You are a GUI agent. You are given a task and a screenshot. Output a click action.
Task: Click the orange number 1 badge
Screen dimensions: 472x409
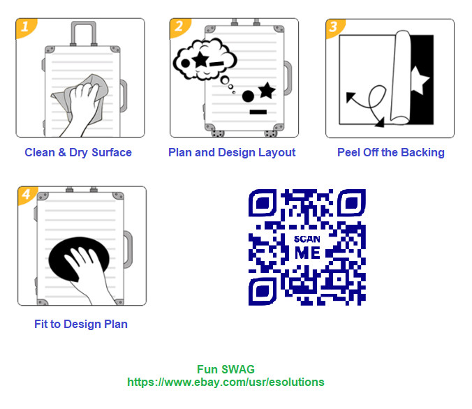25,27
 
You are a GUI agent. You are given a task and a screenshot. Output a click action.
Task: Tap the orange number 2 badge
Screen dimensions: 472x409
179,27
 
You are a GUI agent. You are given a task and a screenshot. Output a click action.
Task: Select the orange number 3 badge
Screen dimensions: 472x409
334,28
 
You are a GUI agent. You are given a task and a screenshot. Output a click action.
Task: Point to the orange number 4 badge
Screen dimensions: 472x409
27,195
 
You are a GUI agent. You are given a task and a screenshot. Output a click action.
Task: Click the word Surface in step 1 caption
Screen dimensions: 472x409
112,153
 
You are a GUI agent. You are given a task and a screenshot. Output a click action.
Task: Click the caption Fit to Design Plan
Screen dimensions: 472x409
81,324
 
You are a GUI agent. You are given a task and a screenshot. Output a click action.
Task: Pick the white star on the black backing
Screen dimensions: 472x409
419,80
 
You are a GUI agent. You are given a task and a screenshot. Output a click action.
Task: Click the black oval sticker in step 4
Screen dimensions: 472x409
78,259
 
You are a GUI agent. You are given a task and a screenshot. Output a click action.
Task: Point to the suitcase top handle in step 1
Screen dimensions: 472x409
83,33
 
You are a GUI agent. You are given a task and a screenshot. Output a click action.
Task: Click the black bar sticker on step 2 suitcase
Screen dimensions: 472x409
258,112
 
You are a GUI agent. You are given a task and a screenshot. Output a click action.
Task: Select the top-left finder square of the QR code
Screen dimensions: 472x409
263,202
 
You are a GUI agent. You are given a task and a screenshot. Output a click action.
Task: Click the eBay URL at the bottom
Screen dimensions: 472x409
226,382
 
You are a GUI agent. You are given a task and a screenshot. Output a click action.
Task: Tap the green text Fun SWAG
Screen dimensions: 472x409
226,369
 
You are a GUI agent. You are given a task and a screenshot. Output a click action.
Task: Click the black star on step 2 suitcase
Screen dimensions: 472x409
267,90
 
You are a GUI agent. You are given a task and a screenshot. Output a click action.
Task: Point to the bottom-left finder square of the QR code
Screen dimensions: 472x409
263,292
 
